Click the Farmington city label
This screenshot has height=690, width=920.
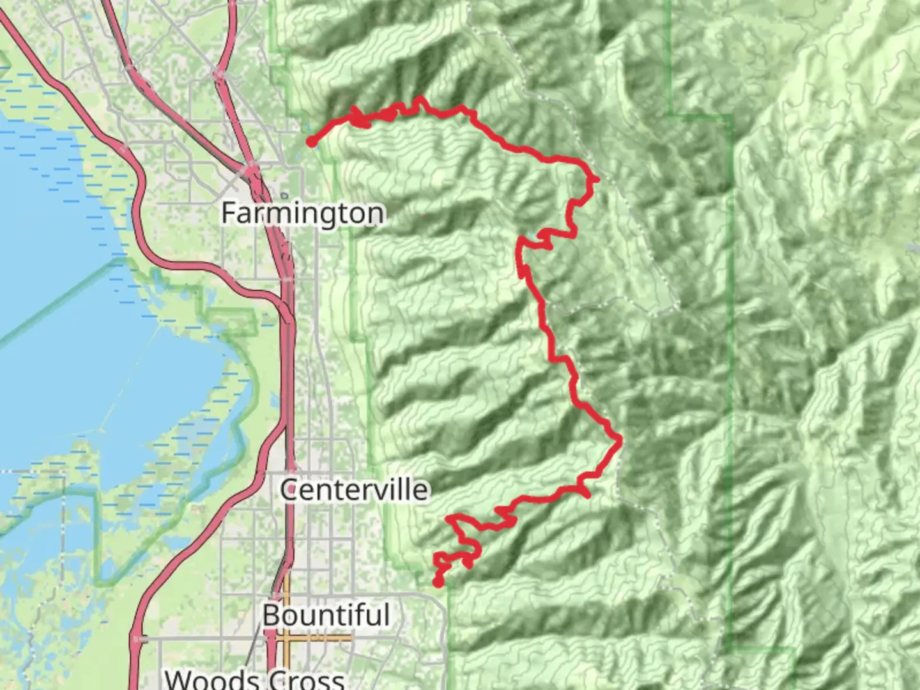tap(303, 213)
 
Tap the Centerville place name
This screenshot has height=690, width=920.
tap(354, 490)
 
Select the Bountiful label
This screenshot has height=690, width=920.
tap(325, 615)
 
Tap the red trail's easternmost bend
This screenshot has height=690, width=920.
tap(619, 438)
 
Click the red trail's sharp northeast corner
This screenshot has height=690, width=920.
tap(595, 180)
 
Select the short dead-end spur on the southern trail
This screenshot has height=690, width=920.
tap(585, 494)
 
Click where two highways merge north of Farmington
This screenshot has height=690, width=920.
tap(250, 169)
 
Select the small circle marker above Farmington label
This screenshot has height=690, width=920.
tap(284, 196)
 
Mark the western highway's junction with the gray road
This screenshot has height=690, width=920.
tap(138, 638)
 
